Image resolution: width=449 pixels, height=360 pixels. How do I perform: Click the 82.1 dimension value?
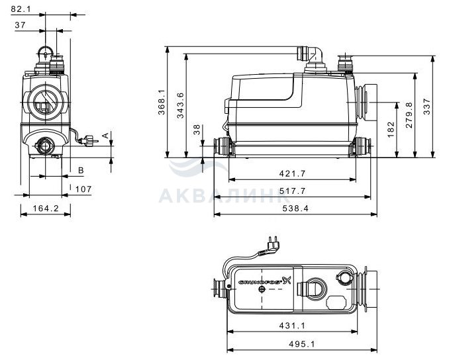21,9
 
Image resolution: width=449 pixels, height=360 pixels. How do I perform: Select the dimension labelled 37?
20,25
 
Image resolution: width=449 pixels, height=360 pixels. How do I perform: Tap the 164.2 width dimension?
46,208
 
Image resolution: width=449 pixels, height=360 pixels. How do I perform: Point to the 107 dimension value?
83,189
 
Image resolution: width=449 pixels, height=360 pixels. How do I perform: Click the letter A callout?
106,136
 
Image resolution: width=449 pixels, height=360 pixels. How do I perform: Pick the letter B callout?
81,171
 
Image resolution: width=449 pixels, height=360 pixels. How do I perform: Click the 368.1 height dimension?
162,102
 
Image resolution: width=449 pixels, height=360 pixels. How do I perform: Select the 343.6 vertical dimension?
180,106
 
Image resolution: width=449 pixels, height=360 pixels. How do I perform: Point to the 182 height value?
391,130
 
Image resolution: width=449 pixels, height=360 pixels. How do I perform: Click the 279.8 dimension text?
409,115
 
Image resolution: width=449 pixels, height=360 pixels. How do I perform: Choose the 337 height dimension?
427,107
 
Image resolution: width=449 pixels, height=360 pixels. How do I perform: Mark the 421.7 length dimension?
292,173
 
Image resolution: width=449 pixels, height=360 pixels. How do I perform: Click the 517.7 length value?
292,191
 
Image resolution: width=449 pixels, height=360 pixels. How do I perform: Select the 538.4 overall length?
295,208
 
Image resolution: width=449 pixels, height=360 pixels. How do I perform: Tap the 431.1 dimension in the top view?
292,326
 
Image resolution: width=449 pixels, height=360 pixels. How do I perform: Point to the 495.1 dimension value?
302,344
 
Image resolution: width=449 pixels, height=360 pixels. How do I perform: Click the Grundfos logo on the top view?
265,281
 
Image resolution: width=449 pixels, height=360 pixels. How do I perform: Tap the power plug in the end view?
89,141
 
